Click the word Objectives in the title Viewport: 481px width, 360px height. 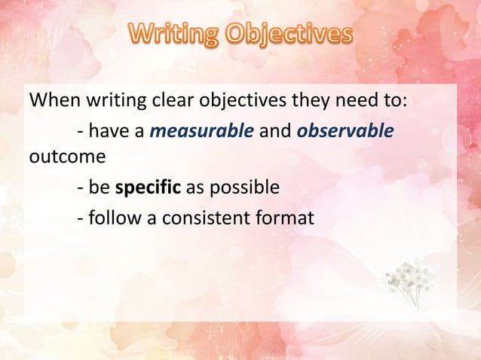290,35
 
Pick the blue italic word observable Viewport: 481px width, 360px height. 345,132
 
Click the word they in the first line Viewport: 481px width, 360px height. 285,100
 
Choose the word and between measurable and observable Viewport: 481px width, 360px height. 275,132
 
